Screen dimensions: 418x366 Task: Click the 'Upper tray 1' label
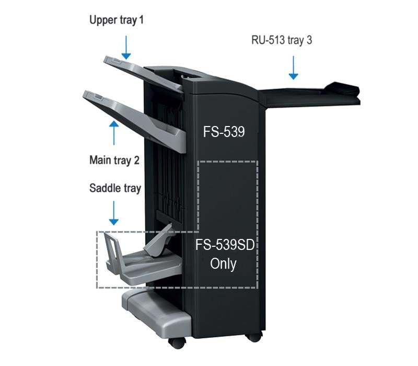pos(117,20)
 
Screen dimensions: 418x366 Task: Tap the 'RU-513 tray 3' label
pos(282,40)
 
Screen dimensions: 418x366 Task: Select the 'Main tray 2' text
pos(114,161)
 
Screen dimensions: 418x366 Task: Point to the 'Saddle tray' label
pos(115,188)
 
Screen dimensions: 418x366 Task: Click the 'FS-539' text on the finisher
pos(224,132)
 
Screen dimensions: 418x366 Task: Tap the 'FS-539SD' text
pos(225,245)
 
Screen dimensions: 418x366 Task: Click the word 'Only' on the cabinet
pos(223,264)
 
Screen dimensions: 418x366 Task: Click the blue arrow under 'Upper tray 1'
pos(126,48)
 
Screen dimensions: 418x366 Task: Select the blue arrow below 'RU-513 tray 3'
pos(293,68)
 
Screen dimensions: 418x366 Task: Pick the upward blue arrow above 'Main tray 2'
pos(114,133)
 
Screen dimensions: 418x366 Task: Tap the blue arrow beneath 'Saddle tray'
pos(113,213)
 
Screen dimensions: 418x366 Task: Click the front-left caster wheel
pos(177,343)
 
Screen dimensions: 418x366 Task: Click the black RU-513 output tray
pos(309,95)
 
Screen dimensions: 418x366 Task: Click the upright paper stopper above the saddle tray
pos(159,242)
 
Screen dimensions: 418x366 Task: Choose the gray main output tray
pos(135,120)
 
